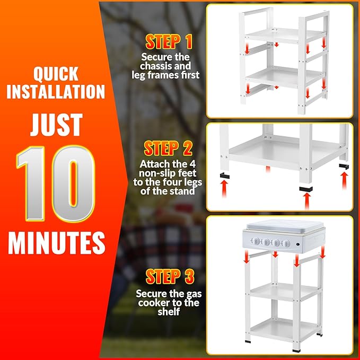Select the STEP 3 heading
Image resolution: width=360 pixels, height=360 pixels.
click(170, 276)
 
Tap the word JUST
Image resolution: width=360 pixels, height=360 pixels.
click(56, 125)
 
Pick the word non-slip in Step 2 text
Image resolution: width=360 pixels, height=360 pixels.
click(154, 173)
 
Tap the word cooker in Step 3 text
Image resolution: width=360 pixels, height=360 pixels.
click(155, 303)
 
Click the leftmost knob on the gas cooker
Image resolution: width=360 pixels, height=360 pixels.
click(256, 243)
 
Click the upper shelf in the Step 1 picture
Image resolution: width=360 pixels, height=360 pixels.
click(279, 34)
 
